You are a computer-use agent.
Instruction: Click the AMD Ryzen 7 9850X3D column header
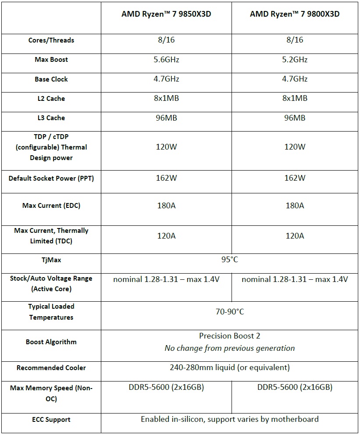click(x=166, y=14)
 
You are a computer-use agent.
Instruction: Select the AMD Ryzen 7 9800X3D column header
click(x=295, y=14)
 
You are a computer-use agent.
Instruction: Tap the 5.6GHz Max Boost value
click(x=166, y=60)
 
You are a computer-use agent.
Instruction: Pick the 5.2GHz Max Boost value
click(x=295, y=60)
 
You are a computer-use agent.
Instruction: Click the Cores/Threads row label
click(x=51, y=40)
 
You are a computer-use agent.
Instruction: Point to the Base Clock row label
click(x=51, y=79)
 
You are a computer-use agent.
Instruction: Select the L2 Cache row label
click(x=51, y=99)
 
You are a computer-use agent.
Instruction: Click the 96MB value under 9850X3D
click(x=166, y=118)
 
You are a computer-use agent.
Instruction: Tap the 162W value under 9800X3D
click(x=295, y=178)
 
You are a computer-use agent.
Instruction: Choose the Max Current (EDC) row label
click(x=51, y=206)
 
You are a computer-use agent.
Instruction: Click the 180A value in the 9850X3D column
click(x=166, y=206)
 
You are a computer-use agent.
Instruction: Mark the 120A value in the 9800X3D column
click(x=295, y=236)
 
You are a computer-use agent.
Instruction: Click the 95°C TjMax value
click(x=229, y=260)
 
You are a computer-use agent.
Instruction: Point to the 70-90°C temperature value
click(x=229, y=312)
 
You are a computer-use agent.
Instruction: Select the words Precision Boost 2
click(x=229, y=336)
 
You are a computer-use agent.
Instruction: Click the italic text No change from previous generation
click(x=229, y=348)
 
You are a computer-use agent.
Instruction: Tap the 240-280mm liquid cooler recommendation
click(x=229, y=367)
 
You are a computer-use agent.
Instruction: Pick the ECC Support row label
click(x=51, y=420)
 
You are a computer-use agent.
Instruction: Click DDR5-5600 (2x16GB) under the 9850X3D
click(x=166, y=387)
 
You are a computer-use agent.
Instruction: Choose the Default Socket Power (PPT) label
click(x=51, y=178)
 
